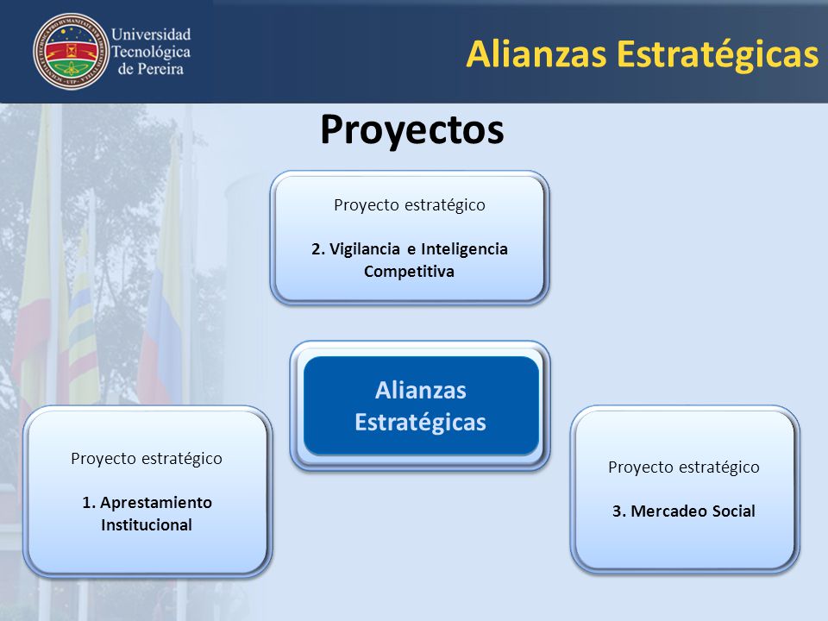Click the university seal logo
click(72, 51)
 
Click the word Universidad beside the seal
click(151, 34)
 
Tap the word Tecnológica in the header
click(151, 53)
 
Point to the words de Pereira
click(150, 69)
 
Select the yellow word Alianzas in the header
click(536, 53)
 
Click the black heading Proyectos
click(412, 130)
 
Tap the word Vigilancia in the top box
click(364, 249)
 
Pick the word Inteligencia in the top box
click(464, 249)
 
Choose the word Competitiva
click(409, 272)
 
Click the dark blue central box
click(421, 405)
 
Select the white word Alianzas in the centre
click(421, 391)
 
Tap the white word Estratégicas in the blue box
click(420, 423)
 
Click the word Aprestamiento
click(156, 503)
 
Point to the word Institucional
click(147, 525)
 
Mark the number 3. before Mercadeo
click(619, 511)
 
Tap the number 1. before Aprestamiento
click(89, 503)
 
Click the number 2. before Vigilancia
click(318, 249)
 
